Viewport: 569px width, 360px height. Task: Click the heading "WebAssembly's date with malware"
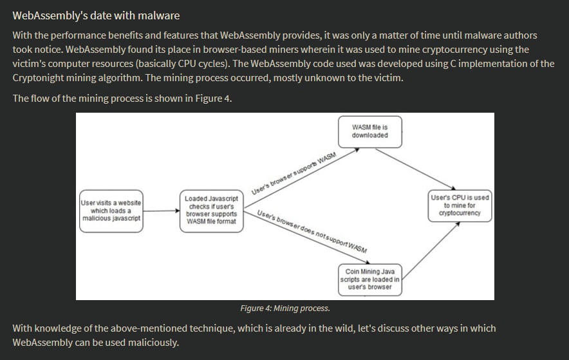(96, 15)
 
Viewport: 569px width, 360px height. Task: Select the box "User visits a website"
(111, 211)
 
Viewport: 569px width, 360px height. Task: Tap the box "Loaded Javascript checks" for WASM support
(212, 211)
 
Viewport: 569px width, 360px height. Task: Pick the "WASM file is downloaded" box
(369, 132)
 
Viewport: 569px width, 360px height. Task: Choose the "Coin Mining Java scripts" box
(369, 279)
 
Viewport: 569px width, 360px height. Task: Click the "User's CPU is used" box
(460, 205)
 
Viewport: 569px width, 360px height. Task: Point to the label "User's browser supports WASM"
(294, 173)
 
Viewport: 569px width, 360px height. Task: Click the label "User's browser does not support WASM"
(312, 231)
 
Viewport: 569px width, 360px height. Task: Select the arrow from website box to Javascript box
(162, 211)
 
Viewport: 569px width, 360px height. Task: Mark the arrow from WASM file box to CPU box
(416, 169)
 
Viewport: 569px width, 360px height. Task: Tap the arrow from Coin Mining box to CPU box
(431, 251)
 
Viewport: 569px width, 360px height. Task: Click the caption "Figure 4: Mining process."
(285, 308)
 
